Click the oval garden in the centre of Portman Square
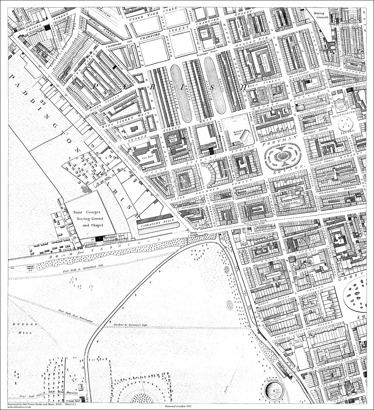[x=282, y=156]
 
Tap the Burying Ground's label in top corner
[x=322, y=14]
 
